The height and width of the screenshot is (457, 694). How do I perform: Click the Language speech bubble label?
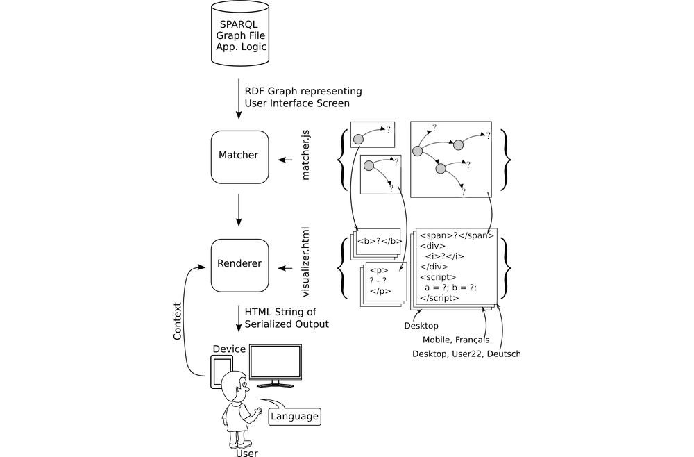point(294,417)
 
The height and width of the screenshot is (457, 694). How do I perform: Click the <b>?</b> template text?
point(379,242)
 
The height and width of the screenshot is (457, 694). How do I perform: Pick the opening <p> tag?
point(378,271)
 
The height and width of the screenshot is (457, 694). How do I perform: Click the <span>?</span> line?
point(456,235)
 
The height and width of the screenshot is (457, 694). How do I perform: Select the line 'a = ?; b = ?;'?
point(451,288)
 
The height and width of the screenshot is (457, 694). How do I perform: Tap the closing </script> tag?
point(439,298)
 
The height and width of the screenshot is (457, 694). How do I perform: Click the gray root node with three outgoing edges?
point(418,151)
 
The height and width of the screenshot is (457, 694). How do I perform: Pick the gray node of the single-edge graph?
point(358,139)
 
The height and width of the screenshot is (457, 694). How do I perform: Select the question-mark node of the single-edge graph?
point(389,130)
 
